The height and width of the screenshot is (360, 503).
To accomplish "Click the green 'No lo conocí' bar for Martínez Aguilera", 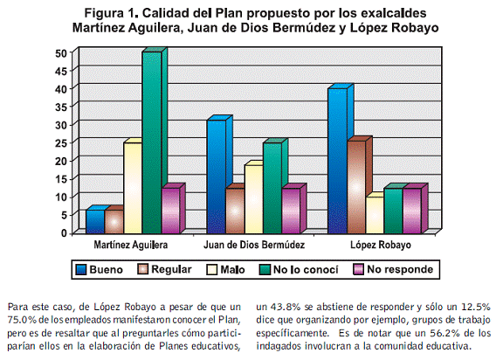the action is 152,142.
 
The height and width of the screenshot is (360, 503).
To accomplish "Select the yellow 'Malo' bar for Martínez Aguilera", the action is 133,188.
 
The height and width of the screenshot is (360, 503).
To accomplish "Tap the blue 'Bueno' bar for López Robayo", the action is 337,161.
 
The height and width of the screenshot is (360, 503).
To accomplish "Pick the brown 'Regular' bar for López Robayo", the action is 356,187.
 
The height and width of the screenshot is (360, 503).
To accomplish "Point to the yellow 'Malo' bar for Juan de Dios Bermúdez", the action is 254,199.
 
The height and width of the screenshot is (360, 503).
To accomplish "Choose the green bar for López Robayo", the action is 393,211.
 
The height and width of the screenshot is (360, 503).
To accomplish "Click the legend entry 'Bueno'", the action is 100,269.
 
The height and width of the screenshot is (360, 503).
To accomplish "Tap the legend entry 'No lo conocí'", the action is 299,269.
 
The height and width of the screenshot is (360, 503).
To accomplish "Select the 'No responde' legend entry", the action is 393,269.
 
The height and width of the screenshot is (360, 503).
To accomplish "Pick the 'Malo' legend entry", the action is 226,269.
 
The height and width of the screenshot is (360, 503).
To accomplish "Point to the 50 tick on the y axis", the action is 61,53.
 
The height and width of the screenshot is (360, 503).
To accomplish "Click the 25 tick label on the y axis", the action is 61,143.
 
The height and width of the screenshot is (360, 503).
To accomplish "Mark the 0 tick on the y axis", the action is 64,233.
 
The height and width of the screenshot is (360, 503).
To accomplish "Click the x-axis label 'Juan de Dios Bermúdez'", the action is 254,246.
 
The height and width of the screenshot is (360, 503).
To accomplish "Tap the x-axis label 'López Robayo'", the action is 381,246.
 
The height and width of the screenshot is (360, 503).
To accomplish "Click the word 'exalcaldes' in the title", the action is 394,13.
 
